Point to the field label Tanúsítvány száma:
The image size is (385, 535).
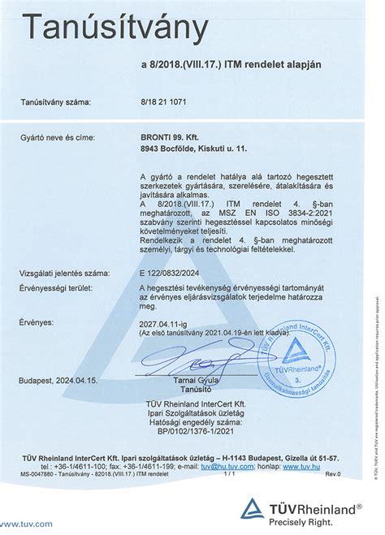[x=56, y=103]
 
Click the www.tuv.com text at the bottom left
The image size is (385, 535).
[x=28, y=524]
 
